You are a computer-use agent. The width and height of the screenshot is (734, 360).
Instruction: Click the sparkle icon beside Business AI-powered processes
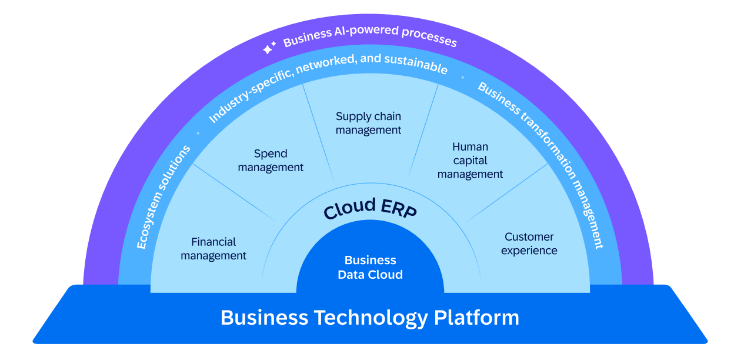pyautogui.click(x=269, y=49)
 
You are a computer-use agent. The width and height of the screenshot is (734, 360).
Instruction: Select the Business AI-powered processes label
pyautogui.click(x=369, y=36)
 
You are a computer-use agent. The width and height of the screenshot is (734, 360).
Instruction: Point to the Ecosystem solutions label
pyautogui.click(x=164, y=197)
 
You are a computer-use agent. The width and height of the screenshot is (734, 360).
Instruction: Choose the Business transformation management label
pyautogui.click(x=541, y=165)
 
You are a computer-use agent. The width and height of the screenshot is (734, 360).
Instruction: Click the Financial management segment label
pyautogui.click(x=213, y=249)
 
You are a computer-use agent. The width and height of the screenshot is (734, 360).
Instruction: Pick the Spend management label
pyautogui.click(x=271, y=161)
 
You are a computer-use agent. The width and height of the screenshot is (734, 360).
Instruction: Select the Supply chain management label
pyautogui.click(x=369, y=123)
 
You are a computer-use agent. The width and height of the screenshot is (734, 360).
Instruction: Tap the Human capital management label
pyautogui.click(x=470, y=161)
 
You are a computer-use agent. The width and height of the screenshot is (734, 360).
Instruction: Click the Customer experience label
pyautogui.click(x=529, y=244)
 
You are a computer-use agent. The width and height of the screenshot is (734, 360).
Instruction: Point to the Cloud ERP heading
pyautogui.click(x=370, y=209)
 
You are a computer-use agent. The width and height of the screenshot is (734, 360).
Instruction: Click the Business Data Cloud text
pyautogui.click(x=370, y=268)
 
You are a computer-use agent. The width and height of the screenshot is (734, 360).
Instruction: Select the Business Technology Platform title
pyautogui.click(x=370, y=318)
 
